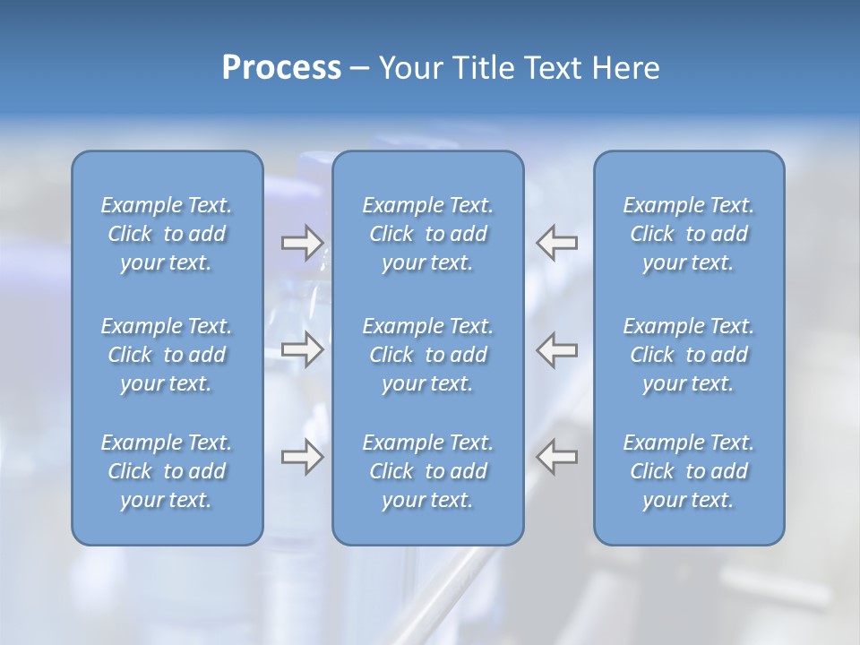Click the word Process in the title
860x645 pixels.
[281, 68]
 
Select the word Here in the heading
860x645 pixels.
[624, 68]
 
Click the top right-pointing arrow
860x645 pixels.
[302, 243]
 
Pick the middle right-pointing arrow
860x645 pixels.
[302, 349]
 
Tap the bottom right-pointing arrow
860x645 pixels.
[302, 457]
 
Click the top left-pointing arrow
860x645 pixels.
[556, 243]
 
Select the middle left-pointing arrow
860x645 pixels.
[556, 349]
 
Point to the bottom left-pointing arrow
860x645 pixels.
[556, 457]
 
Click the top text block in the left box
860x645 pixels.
[167, 234]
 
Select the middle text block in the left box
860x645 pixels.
[167, 355]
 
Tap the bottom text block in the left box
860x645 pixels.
[167, 471]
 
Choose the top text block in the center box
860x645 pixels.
[427, 234]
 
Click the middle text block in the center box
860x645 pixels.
[427, 355]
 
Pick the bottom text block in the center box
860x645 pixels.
[427, 471]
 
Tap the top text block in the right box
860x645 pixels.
[688, 234]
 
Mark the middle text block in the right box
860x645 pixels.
[688, 355]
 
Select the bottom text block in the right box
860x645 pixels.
[688, 471]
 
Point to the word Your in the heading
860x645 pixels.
[410, 68]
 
